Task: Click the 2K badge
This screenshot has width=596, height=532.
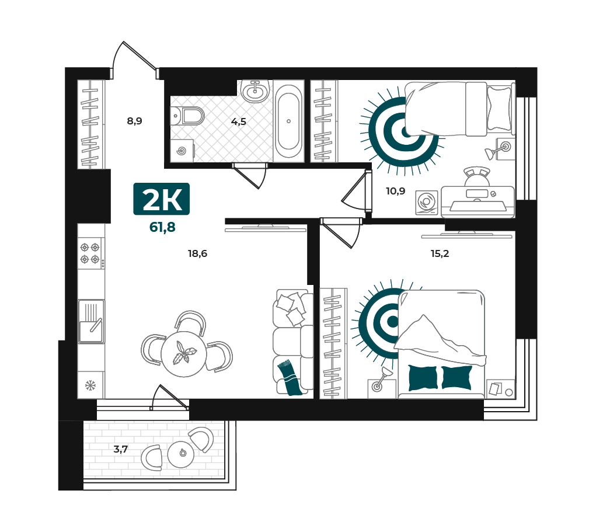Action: (x=162, y=199)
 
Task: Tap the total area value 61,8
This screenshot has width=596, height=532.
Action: (x=162, y=227)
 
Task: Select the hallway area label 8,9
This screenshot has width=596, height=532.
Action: (x=135, y=121)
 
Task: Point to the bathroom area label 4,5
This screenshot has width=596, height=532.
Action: (x=239, y=121)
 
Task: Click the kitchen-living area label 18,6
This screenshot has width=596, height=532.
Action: (x=198, y=253)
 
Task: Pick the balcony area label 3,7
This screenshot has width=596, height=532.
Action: (x=120, y=449)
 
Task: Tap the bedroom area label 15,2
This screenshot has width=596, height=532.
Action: (x=440, y=253)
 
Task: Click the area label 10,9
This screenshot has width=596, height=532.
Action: (x=395, y=191)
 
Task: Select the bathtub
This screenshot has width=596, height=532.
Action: (x=288, y=121)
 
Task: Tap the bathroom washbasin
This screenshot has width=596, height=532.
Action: (x=255, y=91)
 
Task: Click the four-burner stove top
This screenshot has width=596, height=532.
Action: (x=90, y=253)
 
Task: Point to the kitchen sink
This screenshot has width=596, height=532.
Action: (x=91, y=321)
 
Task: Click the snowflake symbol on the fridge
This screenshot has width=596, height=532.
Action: (x=90, y=385)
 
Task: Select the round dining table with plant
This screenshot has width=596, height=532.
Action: (x=184, y=354)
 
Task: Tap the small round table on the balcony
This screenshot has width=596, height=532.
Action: (x=181, y=454)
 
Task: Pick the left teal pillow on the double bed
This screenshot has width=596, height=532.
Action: (x=423, y=378)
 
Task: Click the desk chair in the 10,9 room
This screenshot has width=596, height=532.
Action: (x=477, y=177)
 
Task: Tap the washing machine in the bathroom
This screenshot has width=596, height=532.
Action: (x=182, y=151)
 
